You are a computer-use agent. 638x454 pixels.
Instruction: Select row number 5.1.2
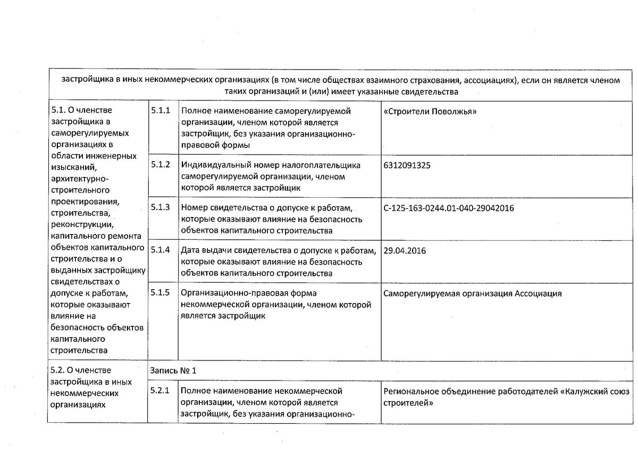[x=161, y=164]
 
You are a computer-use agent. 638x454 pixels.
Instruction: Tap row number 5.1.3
[x=161, y=207]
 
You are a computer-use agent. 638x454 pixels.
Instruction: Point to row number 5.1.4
[x=161, y=250]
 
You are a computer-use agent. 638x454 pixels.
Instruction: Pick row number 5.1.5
[x=161, y=293]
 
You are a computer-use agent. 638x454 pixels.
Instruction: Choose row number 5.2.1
[x=161, y=392]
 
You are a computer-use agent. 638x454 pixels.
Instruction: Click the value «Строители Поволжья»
[x=430, y=112]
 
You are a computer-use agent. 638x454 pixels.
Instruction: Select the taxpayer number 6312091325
[x=407, y=165]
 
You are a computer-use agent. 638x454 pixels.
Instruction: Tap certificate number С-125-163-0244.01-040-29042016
[x=448, y=208]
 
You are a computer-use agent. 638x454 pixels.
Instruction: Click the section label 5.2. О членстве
[x=81, y=370]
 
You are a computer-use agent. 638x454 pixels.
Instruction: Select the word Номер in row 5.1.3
[x=193, y=208]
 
